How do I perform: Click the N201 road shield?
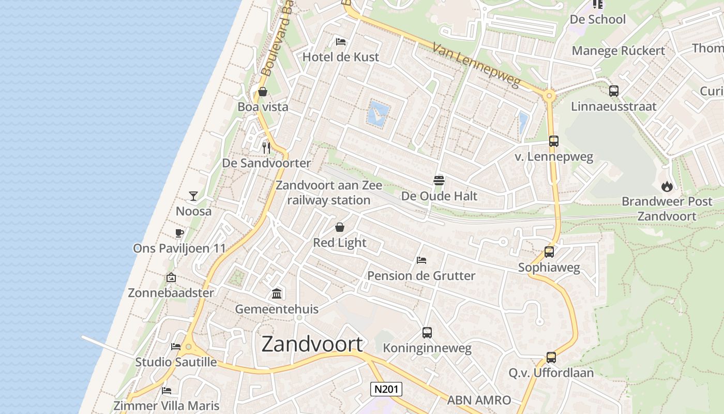(x=386, y=389)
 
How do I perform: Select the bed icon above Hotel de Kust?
(x=340, y=41)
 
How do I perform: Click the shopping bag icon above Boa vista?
(x=263, y=92)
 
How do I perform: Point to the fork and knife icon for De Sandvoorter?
(x=266, y=148)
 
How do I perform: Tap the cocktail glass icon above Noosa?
(x=193, y=196)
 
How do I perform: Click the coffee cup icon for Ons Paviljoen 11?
(x=179, y=233)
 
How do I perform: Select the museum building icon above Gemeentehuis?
(x=277, y=294)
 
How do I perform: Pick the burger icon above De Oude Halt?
(x=439, y=181)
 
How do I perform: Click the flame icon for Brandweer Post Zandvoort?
(x=667, y=186)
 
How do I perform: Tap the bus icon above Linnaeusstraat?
(x=614, y=91)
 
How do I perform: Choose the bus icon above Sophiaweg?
(x=549, y=252)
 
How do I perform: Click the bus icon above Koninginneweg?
(x=427, y=333)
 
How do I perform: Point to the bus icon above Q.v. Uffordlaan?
(x=551, y=357)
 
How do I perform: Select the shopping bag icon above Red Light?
(x=340, y=227)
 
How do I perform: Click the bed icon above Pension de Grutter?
(x=421, y=260)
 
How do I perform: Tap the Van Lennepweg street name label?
(x=475, y=65)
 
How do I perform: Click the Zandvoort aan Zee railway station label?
(x=329, y=193)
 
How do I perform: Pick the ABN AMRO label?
(x=479, y=400)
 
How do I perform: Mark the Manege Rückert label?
(x=619, y=51)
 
